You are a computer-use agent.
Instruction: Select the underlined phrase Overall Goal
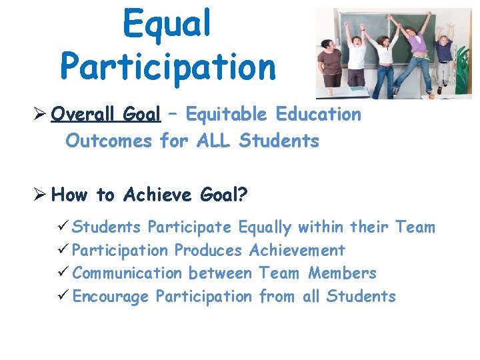[105, 115]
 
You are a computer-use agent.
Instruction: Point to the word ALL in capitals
[213, 141]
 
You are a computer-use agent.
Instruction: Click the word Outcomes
[109, 141]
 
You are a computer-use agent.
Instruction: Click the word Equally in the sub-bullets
[265, 228]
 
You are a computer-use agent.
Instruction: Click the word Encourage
[110, 297]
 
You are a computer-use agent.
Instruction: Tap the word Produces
[208, 251]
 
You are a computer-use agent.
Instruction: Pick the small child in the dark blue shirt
[444, 57]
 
